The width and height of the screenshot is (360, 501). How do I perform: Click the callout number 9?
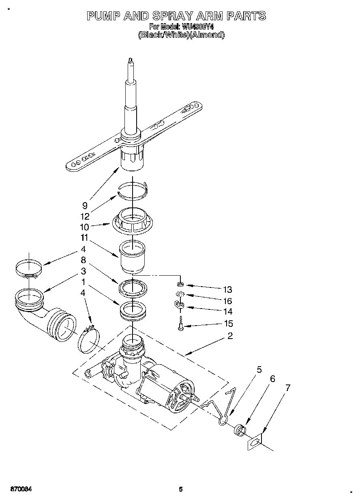[84, 205]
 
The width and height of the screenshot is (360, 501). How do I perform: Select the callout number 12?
[84, 216]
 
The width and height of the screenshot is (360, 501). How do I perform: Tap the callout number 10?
[84, 227]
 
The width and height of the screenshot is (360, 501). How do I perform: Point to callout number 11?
[84, 238]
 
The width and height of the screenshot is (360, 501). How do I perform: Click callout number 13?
[227, 289]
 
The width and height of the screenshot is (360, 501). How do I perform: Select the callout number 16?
[227, 301]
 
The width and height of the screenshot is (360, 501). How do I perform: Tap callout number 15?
[228, 324]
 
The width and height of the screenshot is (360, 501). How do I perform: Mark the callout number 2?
[230, 336]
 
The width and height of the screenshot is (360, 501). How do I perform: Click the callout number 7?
[287, 388]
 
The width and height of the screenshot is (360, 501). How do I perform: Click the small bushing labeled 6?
[240, 429]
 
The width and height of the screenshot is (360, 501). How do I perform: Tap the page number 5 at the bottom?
[181, 489]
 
